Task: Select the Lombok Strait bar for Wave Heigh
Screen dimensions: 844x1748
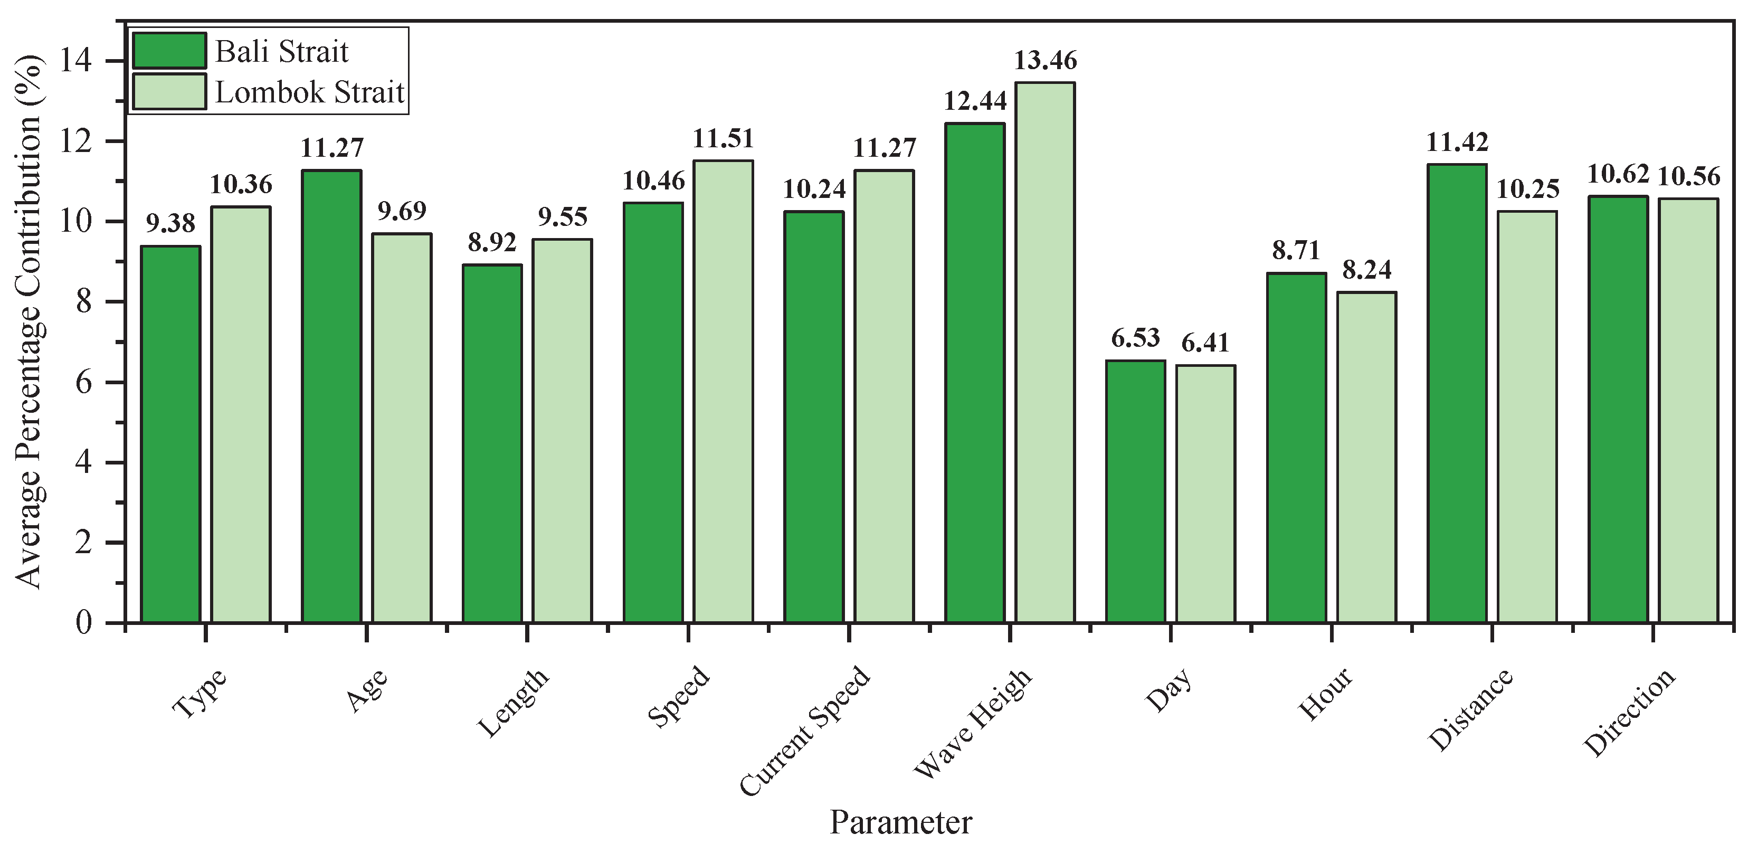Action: click(1045, 353)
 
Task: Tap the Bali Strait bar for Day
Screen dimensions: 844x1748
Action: click(1135, 492)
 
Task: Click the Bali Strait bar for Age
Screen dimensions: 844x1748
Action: click(331, 397)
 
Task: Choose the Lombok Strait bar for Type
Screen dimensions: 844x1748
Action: click(241, 414)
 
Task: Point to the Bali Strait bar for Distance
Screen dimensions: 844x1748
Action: click(1457, 394)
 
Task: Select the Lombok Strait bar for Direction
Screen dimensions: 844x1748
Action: click(1688, 411)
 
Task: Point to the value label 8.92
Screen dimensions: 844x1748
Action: click(492, 242)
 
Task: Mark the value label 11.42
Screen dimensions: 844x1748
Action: click(1457, 143)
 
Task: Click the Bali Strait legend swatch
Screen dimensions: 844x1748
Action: click(169, 51)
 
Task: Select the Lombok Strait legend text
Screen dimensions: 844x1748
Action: click(309, 92)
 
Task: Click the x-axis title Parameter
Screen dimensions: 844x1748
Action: click(900, 822)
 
